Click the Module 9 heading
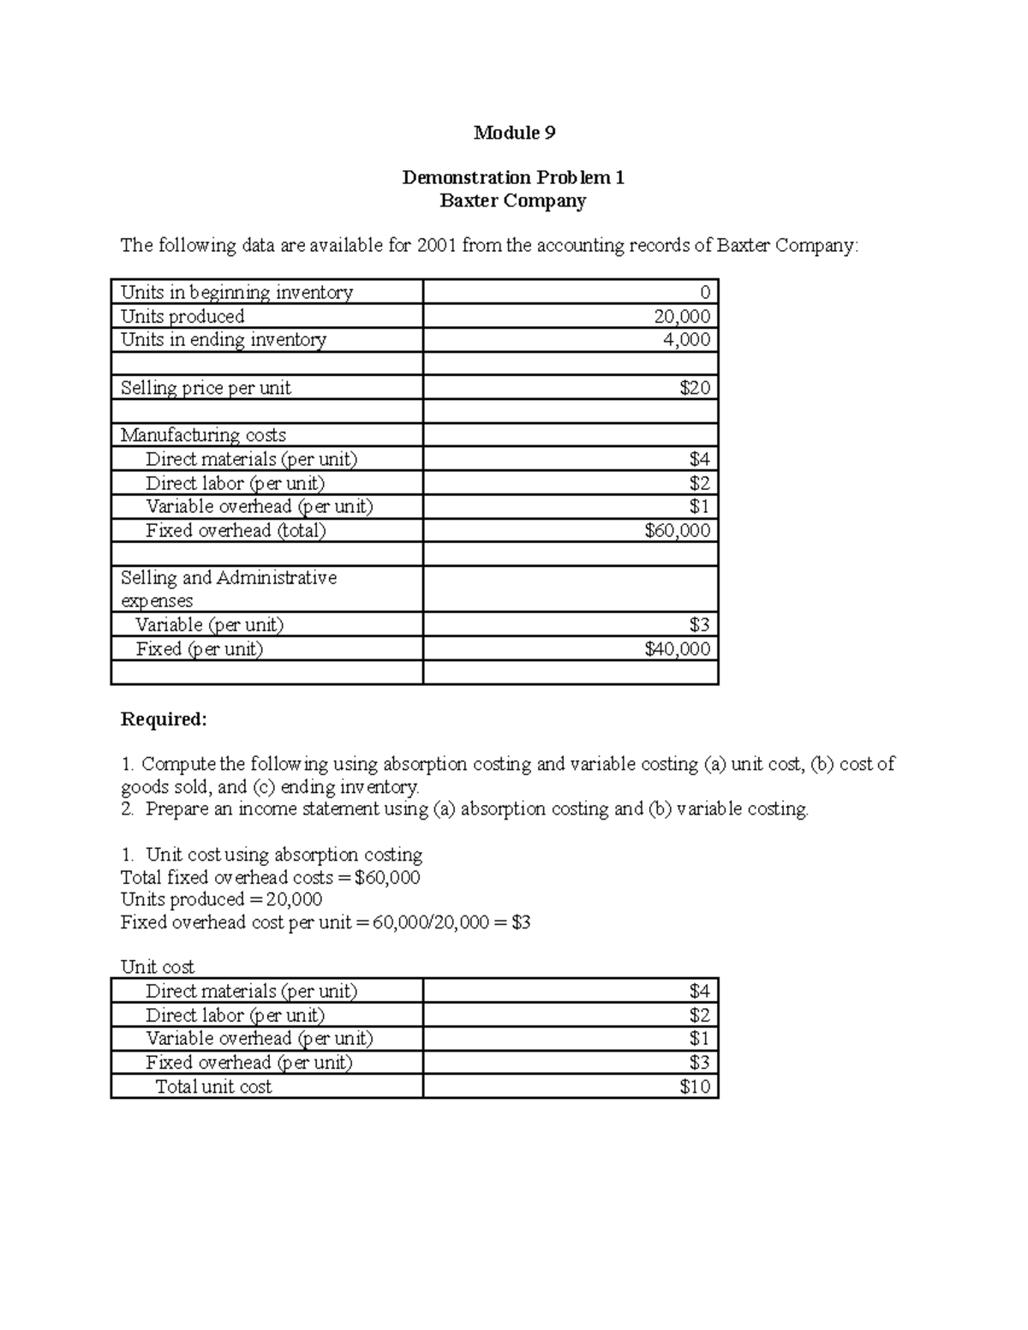tap(514, 133)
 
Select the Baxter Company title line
tap(512, 200)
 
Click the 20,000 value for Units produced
tap(682, 316)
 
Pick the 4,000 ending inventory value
tap(686, 339)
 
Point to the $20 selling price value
tap(695, 388)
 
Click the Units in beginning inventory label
tap(236, 292)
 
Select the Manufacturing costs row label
tap(203, 435)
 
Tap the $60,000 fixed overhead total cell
tap(677, 530)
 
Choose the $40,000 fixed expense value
tap(677, 649)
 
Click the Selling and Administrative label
tap(228, 578)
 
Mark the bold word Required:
tap(164, 719)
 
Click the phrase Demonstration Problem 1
tap(513, 177)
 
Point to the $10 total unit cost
tap(695, 1087)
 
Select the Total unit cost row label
tap(213, 1087)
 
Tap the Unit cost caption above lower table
tap(158, 967)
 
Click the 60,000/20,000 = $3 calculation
tap(452, 922)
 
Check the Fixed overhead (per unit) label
tap(249, 1063)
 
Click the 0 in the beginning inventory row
tap(704, 293)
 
